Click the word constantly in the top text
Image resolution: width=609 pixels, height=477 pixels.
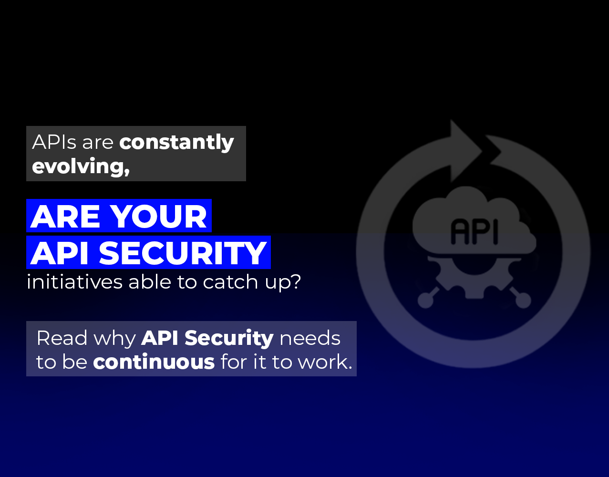pyautogui.click(x=176, y=143)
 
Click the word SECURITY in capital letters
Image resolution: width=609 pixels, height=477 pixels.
pyautogui.click(x=183, y=253)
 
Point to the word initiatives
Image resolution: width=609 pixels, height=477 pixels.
pyautogui.click(x=75, y=282)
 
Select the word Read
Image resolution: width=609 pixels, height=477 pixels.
pyautogui.click(x=62, y=338)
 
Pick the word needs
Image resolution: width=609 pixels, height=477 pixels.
pyautogui.click(x=310, y=338)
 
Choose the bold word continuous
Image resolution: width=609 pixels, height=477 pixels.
pyautogui.click(x=154, y=362)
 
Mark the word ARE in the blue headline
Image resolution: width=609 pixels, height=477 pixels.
pyautogui.click(x=66, y=217)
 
